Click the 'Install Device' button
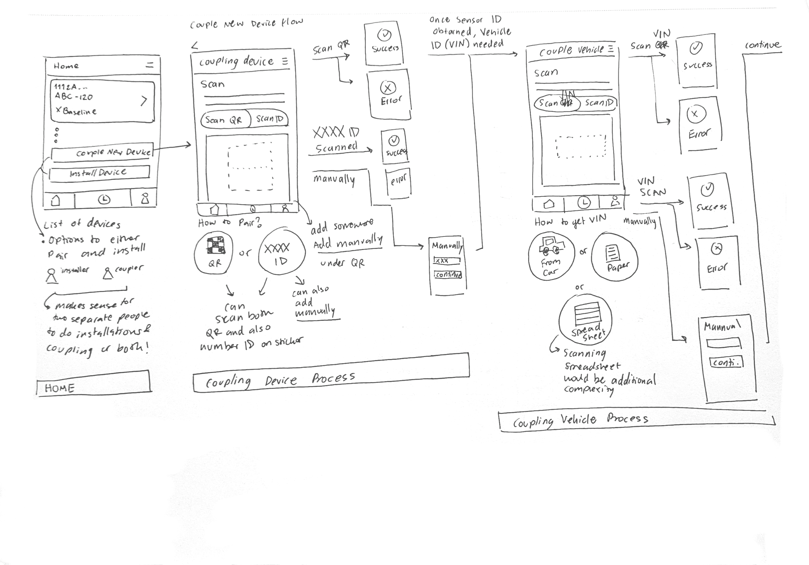pyautogui.click(x=99, y=173)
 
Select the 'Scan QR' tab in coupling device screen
pyautogui.click(x=224, y=120)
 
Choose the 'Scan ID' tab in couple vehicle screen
pyautogui.click(x=599, y=103)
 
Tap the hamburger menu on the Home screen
pyautogui.click(x=150, y=65)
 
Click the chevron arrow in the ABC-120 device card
pyautogui.click(x=143, y=101)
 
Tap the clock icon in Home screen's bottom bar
pyautogui.click(x=104, y=200)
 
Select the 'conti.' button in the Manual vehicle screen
pyautogui.click(x=726, y=362)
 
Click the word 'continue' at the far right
pyautogui.click(x=763, y=45)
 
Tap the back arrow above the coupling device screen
pyautogui.click(x=194, y=45)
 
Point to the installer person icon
pyautogui.click(x=52, y=276)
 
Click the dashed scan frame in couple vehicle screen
pyautogui.click(x=581, y=147)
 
